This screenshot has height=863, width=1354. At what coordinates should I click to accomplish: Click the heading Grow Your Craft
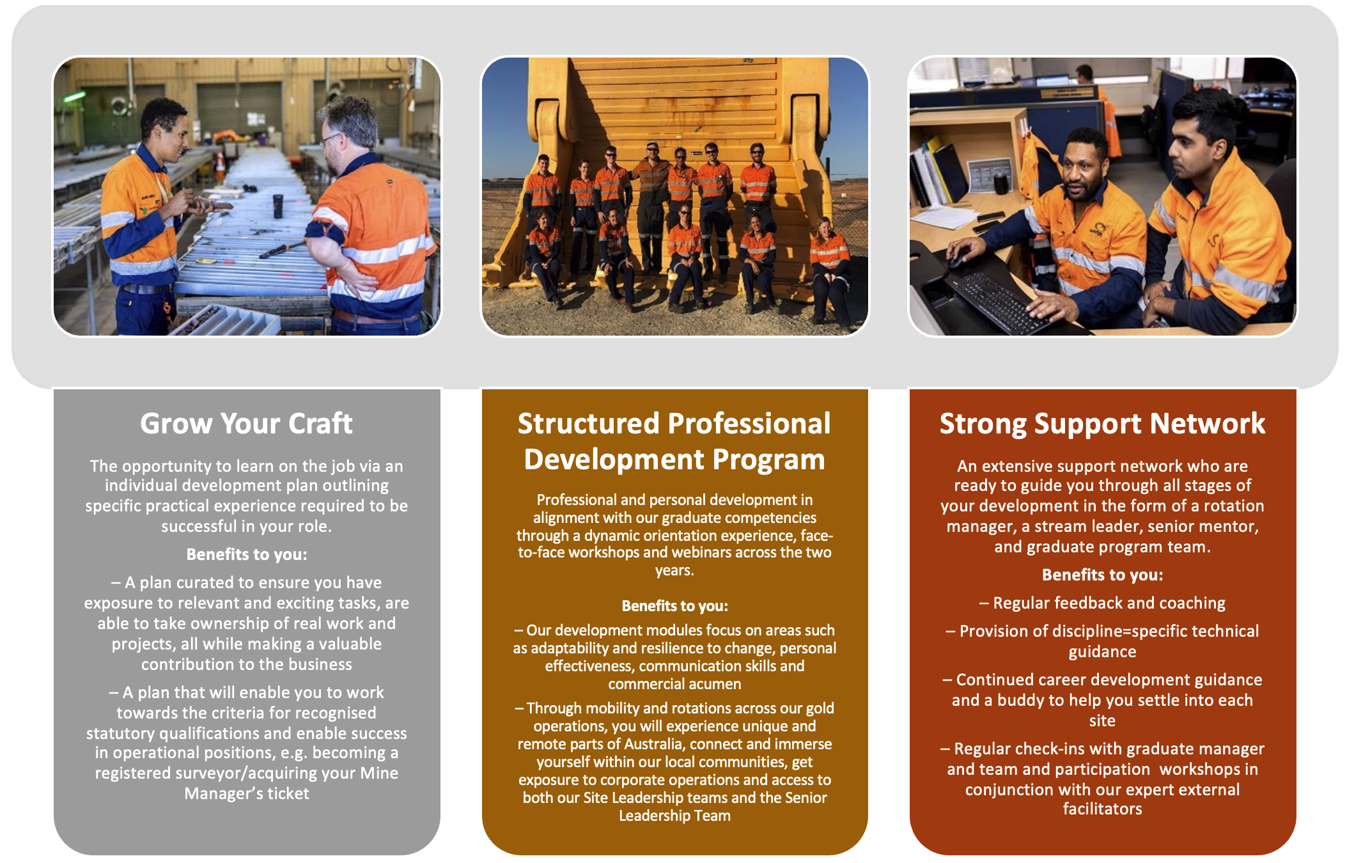point(246,423)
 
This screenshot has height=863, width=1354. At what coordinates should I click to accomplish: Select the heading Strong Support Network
point(1102,424)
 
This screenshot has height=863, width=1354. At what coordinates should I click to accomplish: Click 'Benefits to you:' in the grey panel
point(247,554)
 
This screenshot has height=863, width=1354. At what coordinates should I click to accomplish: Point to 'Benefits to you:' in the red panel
point(1102,575)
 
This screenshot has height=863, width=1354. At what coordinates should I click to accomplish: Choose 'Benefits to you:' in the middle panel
point(674,605)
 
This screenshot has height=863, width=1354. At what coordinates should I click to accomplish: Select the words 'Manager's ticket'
point(247,793)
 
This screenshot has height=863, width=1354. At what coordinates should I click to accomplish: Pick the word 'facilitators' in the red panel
point(1102,809)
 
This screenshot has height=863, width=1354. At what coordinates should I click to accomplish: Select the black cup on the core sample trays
point(278,206)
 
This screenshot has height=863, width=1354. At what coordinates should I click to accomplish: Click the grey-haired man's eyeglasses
point(330,139)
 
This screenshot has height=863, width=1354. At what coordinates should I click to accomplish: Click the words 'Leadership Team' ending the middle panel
point(674,816)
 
